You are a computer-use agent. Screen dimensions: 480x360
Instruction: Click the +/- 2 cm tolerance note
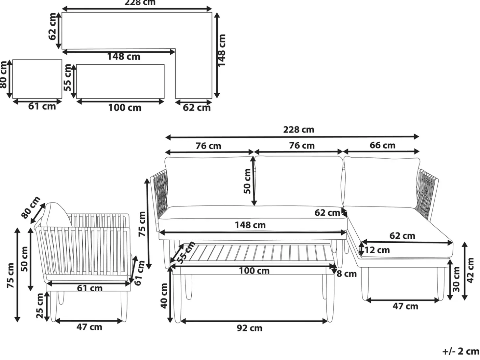coord(461,351)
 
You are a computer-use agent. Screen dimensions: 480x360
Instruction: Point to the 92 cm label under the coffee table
coord(250,328)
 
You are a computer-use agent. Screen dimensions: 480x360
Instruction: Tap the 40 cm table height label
coord(164,296)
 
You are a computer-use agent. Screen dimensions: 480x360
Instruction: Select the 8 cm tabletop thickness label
coord(347,274)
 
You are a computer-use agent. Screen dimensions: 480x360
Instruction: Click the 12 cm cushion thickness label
coord(377,250)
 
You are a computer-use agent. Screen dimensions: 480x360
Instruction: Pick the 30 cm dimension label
coord(456,279)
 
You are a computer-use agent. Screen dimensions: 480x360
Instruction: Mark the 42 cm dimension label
coord(470,270)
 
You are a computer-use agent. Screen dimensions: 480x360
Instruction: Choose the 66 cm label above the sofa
coord(382,145)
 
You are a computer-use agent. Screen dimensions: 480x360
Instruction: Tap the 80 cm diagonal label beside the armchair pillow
coord(31,207)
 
